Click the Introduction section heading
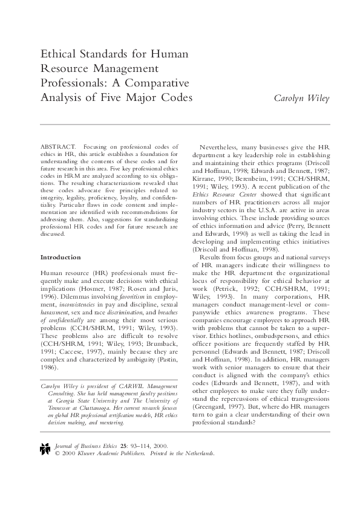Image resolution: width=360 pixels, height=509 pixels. (61, 257)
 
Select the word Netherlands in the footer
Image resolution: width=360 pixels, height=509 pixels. (197, 453)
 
